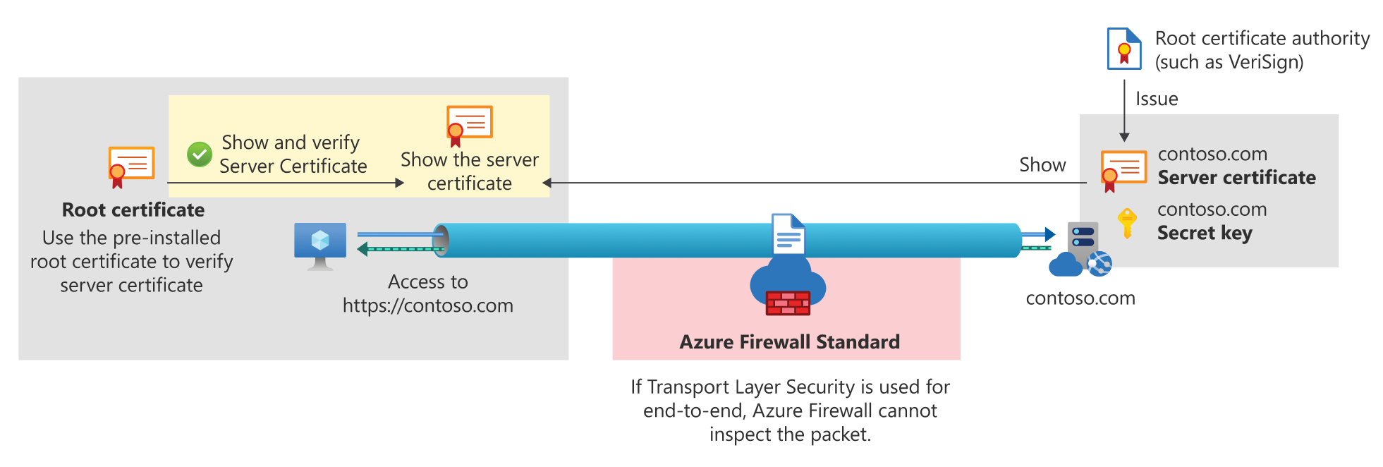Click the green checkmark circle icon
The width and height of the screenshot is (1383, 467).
pyautogui.click(x=200, y=154)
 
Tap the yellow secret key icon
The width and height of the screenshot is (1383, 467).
pyautogui.click(x=1127, y=223)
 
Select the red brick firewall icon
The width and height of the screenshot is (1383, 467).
pyautogui.click(x=788, y=303)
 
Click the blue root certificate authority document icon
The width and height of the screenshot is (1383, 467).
pyautogui.click(x=1124, y=49)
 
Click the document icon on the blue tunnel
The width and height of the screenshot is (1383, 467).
pyautogui.click(x=788, y=234)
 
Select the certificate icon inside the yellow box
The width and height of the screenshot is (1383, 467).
pyautogui.click(x=469, y=125)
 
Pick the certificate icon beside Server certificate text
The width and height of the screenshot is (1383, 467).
pyautogui.click(x=1123, y=170)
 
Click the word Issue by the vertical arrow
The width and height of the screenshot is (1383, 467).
pyautogui.click(x=1157, y=99)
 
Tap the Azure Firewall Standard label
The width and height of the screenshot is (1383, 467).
pyautogui.click(x=789, y=342)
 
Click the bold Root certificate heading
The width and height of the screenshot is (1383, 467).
pyautogui.click(x=133, y=210)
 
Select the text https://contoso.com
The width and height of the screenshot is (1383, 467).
pyautogui.click(x=427, y=305)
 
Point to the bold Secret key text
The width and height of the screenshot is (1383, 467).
pyautogui.click(x=1205, y=233)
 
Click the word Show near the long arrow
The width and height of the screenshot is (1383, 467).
pyautogui.click(x=1042, y=165)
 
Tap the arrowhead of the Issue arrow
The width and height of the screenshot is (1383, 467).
pyautogui.click(x=1124, y=138)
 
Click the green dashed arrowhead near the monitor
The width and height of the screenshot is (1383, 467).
pyautogui.click(x=362, y=249)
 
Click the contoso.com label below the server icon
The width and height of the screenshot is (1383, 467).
pyautogui.click(x=1080, y=298)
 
